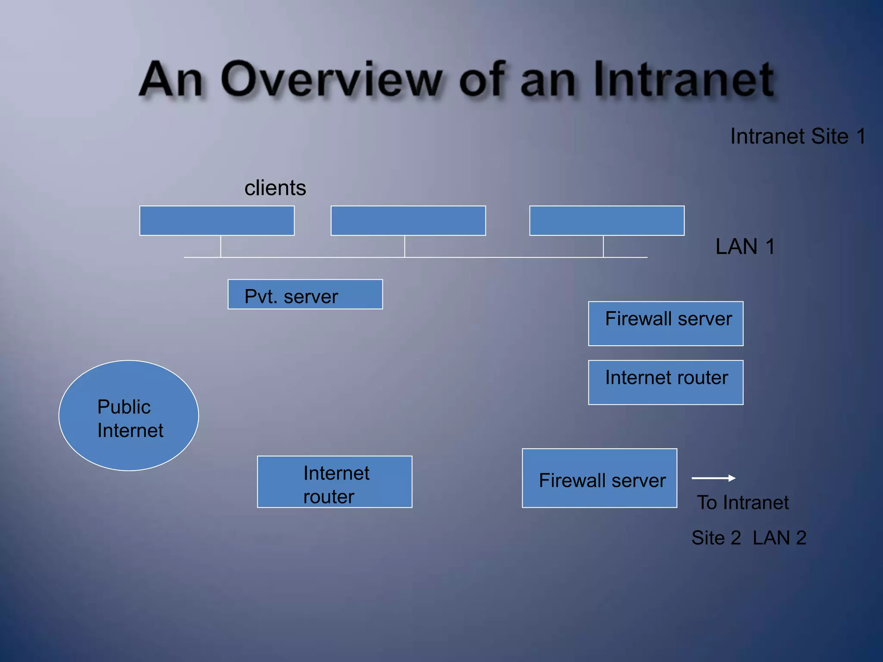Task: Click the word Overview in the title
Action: click(x=331, y=80)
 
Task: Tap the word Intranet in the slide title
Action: click(x=683, y=80)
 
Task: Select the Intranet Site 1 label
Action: click(x=798, y=137)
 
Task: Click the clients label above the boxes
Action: click(x=275, y=188)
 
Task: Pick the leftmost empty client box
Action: click(x=217, y=221)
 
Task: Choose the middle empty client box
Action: click(x=408, y=221)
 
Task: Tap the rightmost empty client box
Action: click(x=607, y=221)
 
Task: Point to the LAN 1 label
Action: click(x=745, y=247)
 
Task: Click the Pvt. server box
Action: click(x=305, y=294)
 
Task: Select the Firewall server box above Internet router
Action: click(x=665, y=324)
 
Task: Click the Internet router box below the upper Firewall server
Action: click(x=665, y=382)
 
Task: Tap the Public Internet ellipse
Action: click(x=128, y=415)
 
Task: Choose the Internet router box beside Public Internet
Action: click(x=335, y=482)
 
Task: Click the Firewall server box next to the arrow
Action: click(x=599, y=478)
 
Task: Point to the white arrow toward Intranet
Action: click(x=713, y=478)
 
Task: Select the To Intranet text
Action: click(x=742, y=503)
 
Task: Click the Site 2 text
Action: click(x=716, y=538)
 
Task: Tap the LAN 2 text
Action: click(x=779, y=538)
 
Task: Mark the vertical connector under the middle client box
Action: click(x=404, y=247)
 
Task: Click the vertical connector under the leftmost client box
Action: click(x=221, y=247)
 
